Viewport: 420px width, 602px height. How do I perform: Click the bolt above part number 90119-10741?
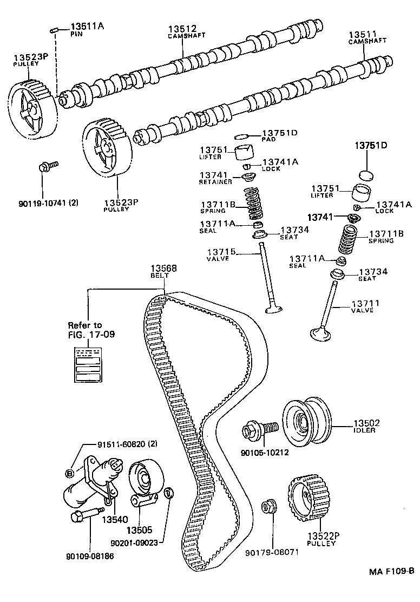click(47, 166)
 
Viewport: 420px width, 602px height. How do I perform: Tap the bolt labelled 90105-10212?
click(259, 430)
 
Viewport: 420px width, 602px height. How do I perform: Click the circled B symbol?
click(69, 474)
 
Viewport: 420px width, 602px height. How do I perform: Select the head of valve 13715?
click(273, 309)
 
